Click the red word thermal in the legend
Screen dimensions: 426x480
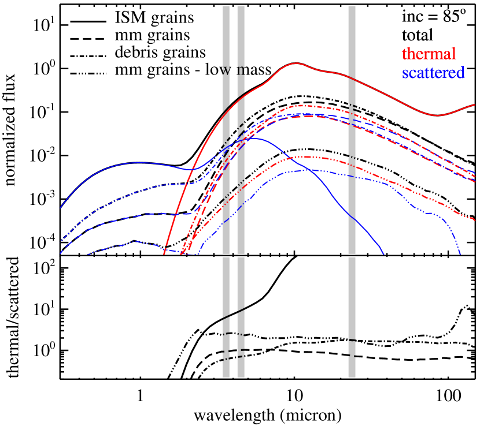pyautogui.click(x=429, y=54)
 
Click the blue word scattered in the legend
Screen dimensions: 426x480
pyautogui.click(x=433, y=73)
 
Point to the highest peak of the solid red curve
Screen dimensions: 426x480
pyautogui.click(x=296, y=63)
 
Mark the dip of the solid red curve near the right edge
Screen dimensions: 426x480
pyautogui.click(x=438, y=115)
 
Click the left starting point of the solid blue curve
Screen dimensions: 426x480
pyautogui.click(x=61, y=207)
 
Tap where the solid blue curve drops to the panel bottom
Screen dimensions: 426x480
pyautogui.click(x=383, y=252)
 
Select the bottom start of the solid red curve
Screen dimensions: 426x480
pyautogui.click(x=164, y=253)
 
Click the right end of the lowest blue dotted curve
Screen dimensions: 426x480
pyautogui.click(x=460, y=253)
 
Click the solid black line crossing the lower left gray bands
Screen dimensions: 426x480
pyautogui.click(x=233, y=313)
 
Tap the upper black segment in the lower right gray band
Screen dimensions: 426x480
pyautogui.click(x=352, y=340)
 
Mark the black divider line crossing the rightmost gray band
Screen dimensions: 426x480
pyautogui.click(x=352, y=255)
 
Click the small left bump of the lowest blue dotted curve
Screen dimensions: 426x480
pyautogui.click(x=136, y=241)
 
